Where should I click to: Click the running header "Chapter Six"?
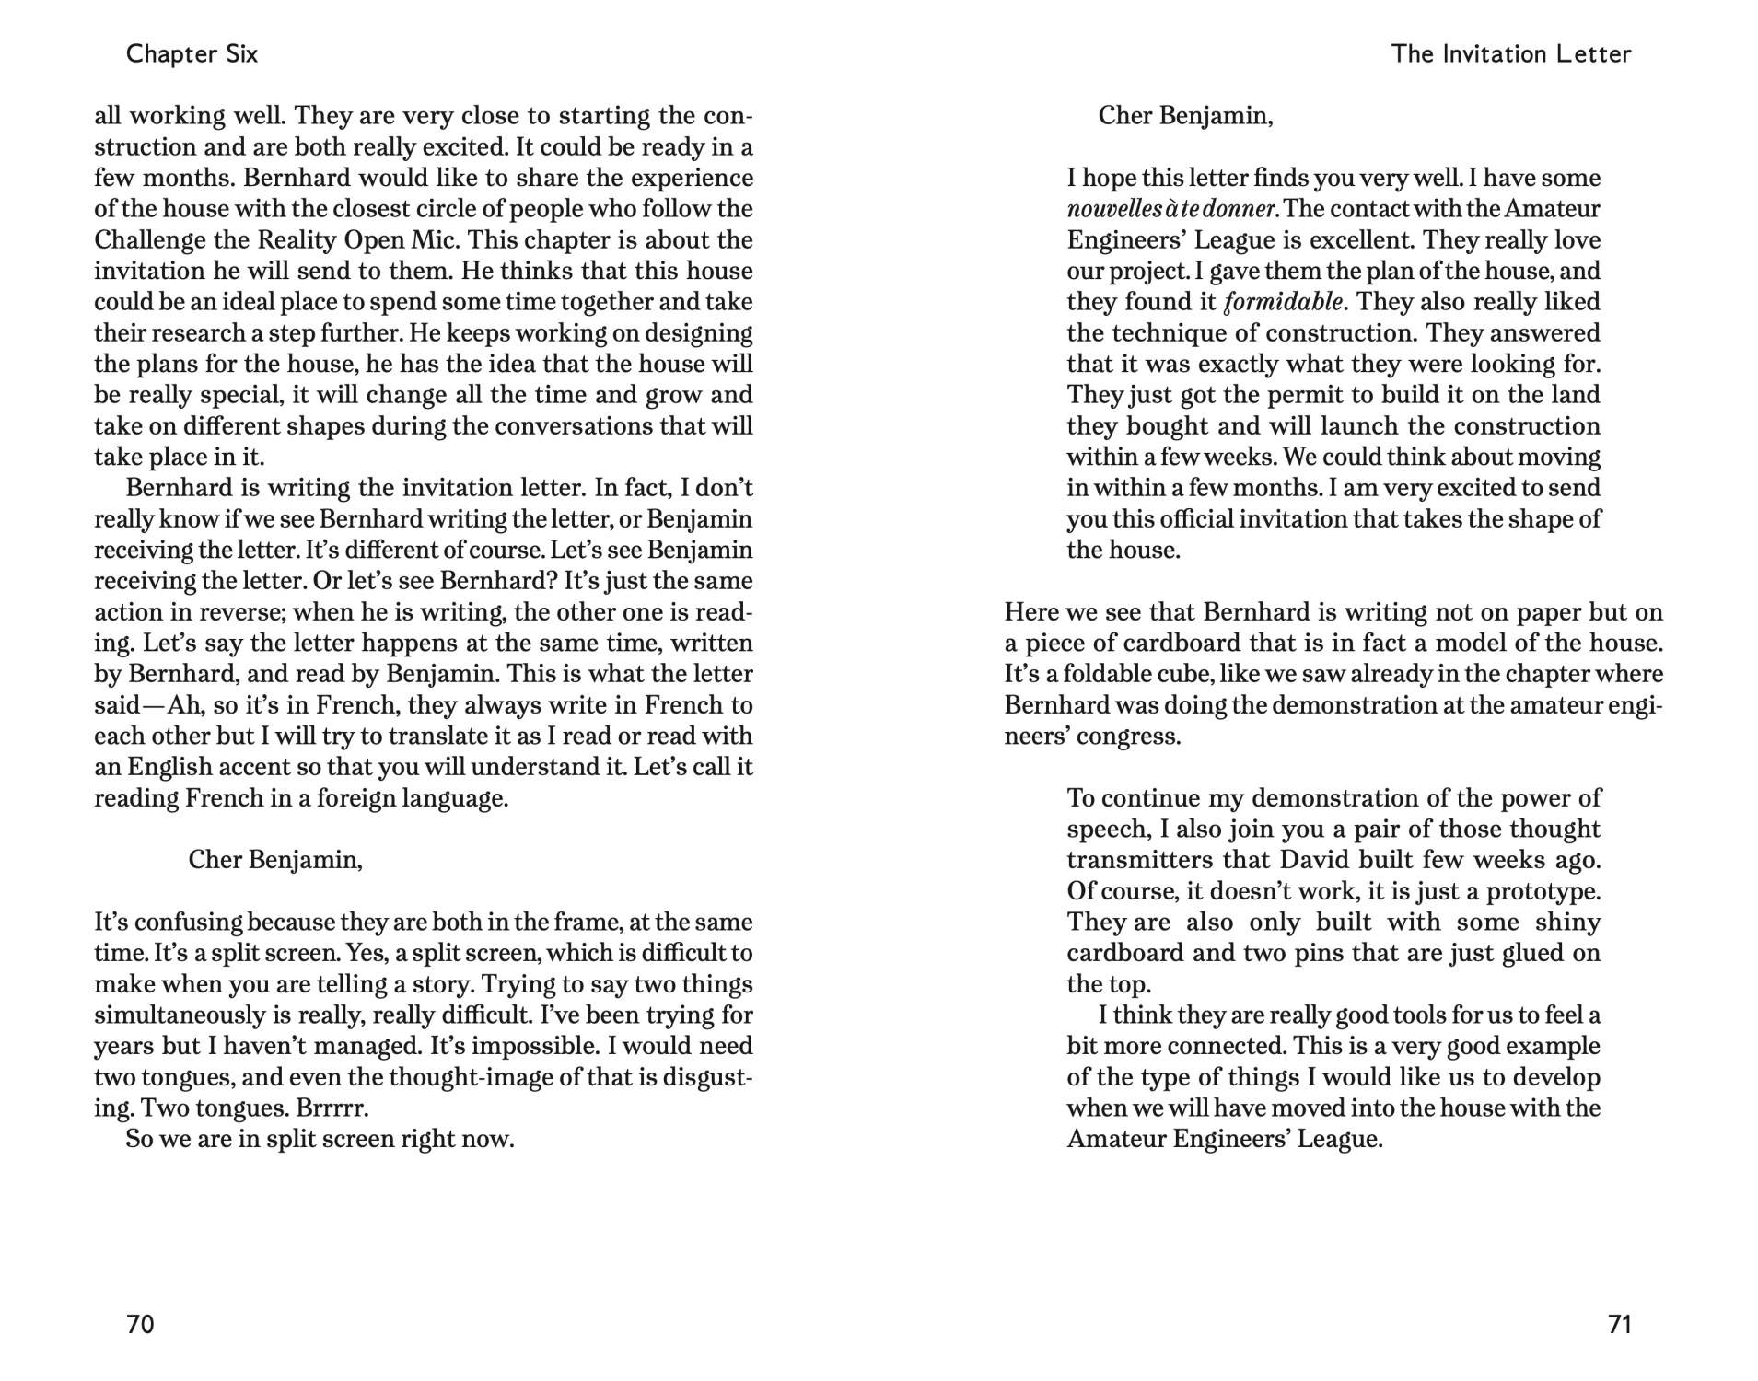(x=192, y=53)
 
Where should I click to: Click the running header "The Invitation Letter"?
(x=1510, y=53)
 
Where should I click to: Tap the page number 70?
(x=140, y=1324)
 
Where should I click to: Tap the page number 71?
(x=1619, y=1324)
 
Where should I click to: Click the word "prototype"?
(x=1542, y=891)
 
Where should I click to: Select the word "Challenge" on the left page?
(x=147, y=240)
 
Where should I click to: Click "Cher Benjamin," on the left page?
(x=274, y=860)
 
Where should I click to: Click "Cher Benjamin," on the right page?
(x=1185, y=116)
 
